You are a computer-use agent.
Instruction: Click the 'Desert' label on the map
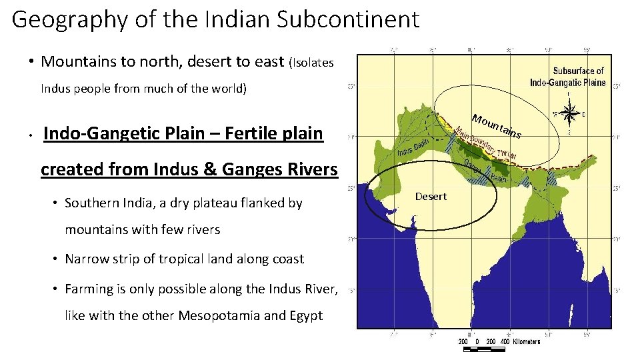point(431,196)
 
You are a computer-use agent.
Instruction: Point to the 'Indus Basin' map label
point(413,150)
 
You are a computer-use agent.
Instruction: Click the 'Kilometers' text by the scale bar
point(527,341)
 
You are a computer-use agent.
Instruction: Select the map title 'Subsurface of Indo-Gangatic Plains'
point(568,77)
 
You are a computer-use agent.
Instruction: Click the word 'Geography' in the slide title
point(62,19)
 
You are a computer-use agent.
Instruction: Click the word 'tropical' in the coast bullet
point(179,259)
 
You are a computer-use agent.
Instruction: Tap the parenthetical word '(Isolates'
point(311,63)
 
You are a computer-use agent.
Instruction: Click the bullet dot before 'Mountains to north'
point(31,62)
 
